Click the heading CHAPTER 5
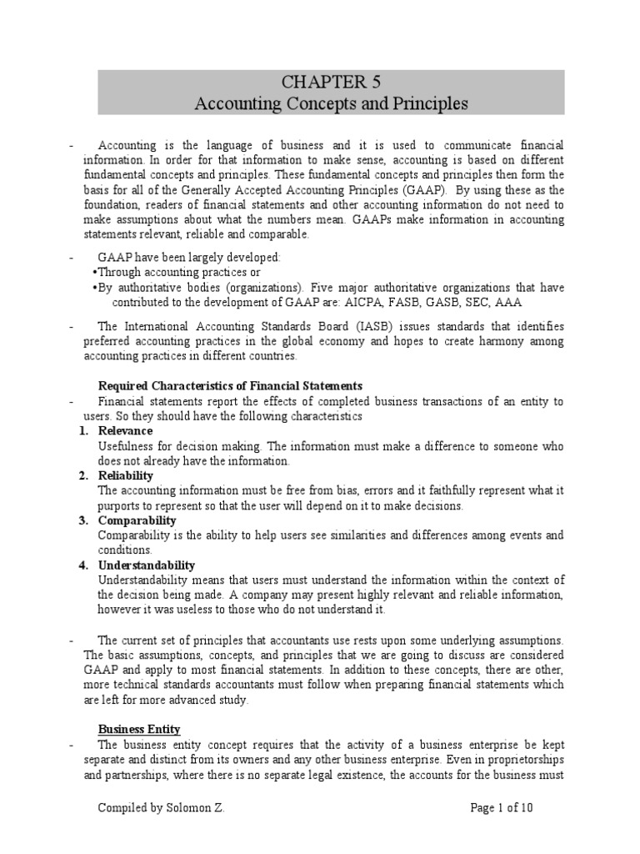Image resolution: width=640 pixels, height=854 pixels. click(x=332, y=82)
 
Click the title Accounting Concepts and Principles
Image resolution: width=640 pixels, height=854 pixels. click(x=332, y=104)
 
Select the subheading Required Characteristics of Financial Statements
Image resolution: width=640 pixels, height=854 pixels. click(x=230, y=385)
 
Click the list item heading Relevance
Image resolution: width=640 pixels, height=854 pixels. click(x=125, y=431)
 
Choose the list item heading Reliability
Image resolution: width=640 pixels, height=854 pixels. click(x=127, y=476)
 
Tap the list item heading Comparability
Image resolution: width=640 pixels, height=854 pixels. click(x=137, y=520)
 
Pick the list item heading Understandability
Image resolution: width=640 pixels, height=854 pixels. click(x=147, y=565)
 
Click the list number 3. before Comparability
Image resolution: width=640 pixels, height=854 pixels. click(x=83, y=520)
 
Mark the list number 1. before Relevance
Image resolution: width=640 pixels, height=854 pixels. click(x=83, y=431)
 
